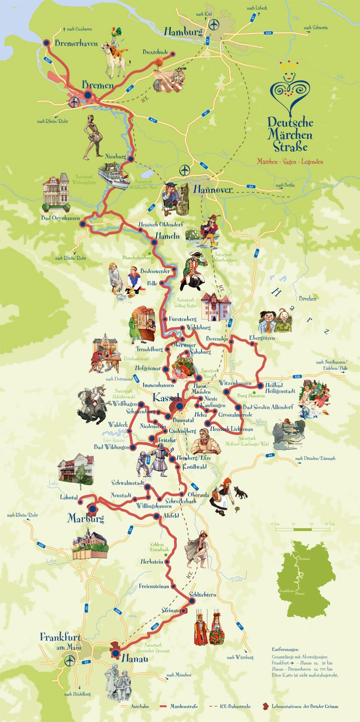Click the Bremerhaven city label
click(76, 44)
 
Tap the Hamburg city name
click(183, 32)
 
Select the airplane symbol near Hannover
click(185, 170)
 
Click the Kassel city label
click(167, 398)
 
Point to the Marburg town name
click(86, 518)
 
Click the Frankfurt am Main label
click(60, 641)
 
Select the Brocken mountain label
click(307, 298)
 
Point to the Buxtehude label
click(155, 52)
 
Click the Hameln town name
click(167, 236)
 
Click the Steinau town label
click(171, 610)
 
